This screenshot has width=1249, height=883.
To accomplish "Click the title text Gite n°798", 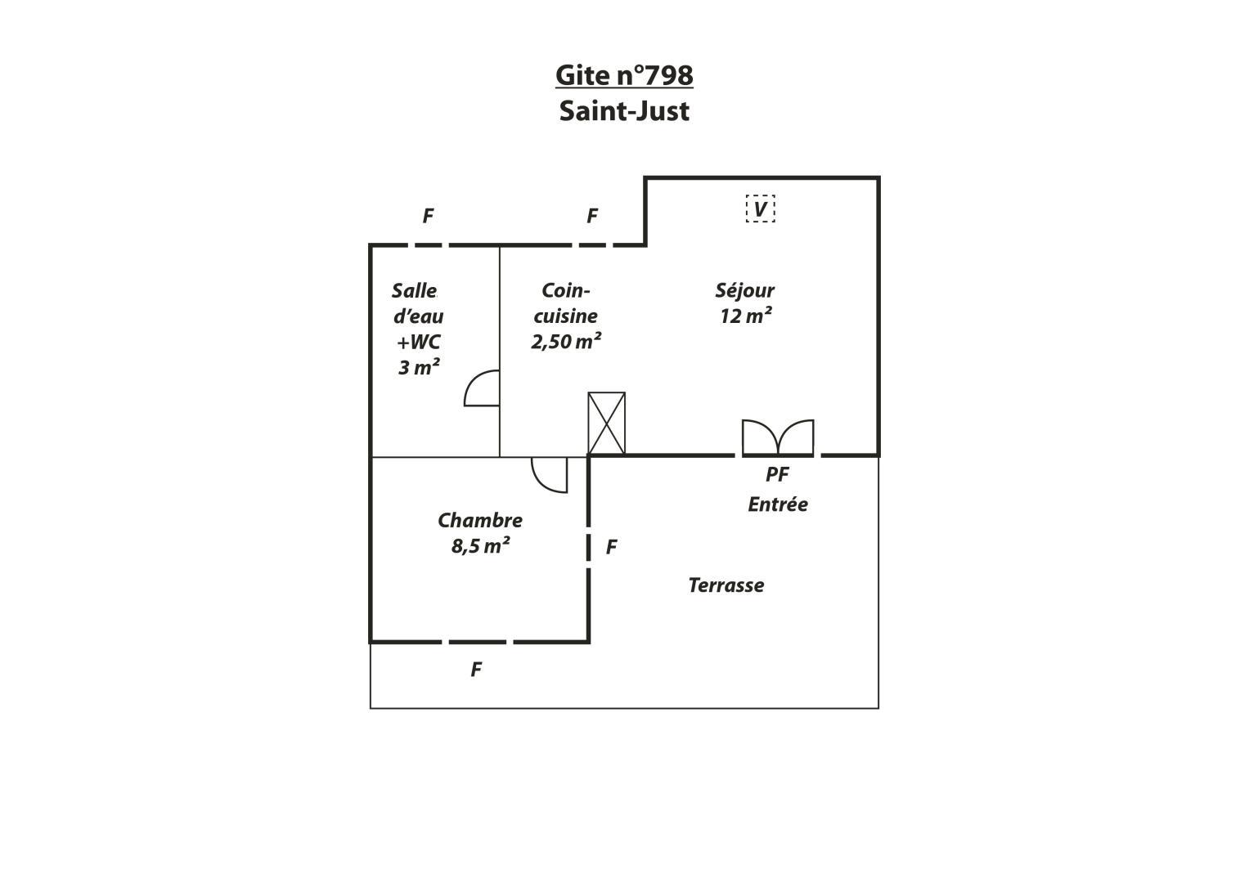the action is click(624, 75).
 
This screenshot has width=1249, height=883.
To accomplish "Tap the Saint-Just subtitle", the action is click(624, 111).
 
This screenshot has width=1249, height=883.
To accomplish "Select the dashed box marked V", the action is click(760, 209).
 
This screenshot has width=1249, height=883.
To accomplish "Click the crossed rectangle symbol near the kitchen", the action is click(607, 424).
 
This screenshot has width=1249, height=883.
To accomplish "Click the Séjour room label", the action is click(744, 291).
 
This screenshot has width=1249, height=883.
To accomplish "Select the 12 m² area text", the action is click(745, 316).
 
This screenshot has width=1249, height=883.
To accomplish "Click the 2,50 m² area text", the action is click(566, 341).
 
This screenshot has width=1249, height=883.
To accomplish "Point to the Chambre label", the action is click(479, 520).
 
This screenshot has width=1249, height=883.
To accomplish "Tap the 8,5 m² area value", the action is click(480, 546).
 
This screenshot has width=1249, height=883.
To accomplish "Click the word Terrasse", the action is click(726, 585).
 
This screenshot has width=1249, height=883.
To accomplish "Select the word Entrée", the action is click(778, 504).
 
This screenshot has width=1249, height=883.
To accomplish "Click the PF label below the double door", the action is click(777, 474).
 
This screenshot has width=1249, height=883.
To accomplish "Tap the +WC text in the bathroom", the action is click(418, 342).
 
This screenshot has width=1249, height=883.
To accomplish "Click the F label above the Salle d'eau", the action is click(428, 216).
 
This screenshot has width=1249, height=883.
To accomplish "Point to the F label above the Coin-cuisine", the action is click(592, 216).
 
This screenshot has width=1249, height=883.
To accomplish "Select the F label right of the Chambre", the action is click(611, 547).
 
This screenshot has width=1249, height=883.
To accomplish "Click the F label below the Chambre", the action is click(475, 670).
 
